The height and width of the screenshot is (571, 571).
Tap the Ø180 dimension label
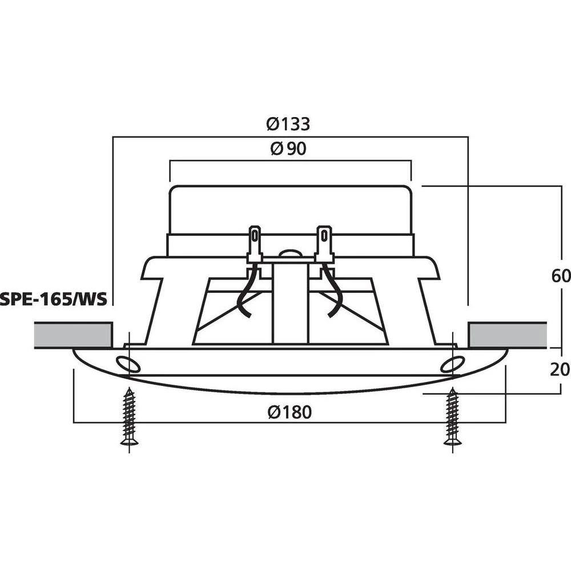(290, 412)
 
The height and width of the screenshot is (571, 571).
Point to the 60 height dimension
(561, 276)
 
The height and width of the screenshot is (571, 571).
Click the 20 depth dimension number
(561, 370)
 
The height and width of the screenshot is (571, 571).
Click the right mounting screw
(453, 417)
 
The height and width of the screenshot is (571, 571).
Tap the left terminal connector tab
(255, 242)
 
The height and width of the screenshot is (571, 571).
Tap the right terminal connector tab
(324, 242)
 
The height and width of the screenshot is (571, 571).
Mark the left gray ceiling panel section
(73, 335)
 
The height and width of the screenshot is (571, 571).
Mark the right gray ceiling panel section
(507, 335)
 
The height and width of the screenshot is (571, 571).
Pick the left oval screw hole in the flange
(126, 364)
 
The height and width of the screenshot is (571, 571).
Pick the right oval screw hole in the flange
(451, 364)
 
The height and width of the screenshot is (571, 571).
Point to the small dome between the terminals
(289, 252)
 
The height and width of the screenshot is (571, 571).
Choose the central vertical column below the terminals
(290, 303)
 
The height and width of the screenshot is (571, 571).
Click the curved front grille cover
(290, 385)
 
